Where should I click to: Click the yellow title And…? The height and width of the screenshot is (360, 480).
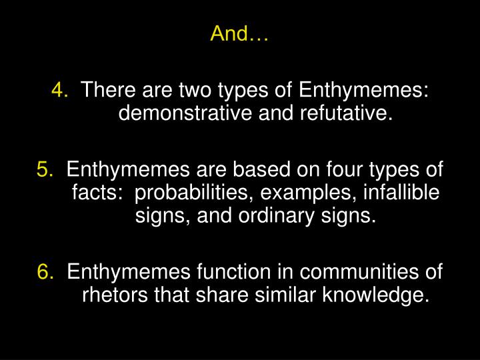coord(239,34)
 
